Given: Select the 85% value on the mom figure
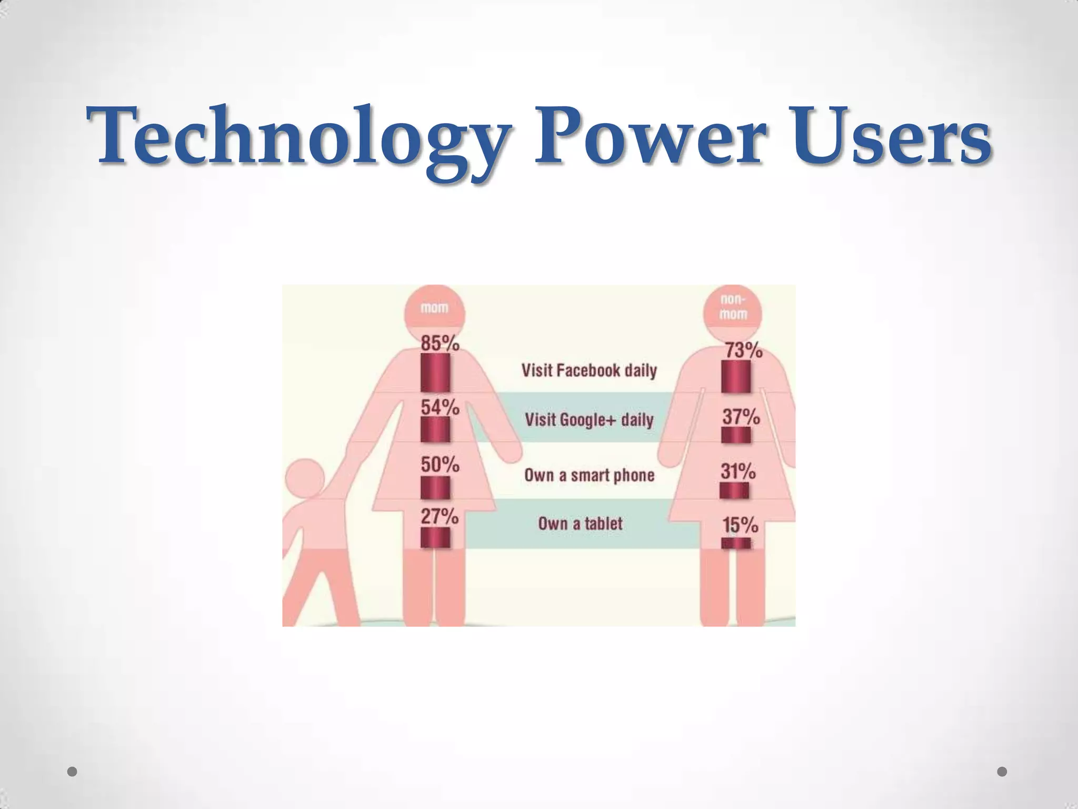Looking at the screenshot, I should (x=440, y=344).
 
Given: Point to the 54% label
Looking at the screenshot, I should (x=440, y=407).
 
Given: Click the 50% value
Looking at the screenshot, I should (x=440, y=465).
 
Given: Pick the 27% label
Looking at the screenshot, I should (x=440, y=516).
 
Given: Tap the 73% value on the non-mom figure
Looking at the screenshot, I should (x=744, y=350).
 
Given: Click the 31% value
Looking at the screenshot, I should (x=738, y=471).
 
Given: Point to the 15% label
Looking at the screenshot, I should (x=740, y=525).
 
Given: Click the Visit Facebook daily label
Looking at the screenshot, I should (x=589, y=370).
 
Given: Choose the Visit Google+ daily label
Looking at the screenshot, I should (x=589, y=420).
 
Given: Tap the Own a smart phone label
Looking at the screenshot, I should (x=589, y=475).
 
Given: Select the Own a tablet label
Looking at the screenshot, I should (x=580, y=524).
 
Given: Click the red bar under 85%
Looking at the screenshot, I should (x=435, y=372).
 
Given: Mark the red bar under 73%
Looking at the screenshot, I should (x=735, y=377).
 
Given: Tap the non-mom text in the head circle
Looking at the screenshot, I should (x=733, y=307).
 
